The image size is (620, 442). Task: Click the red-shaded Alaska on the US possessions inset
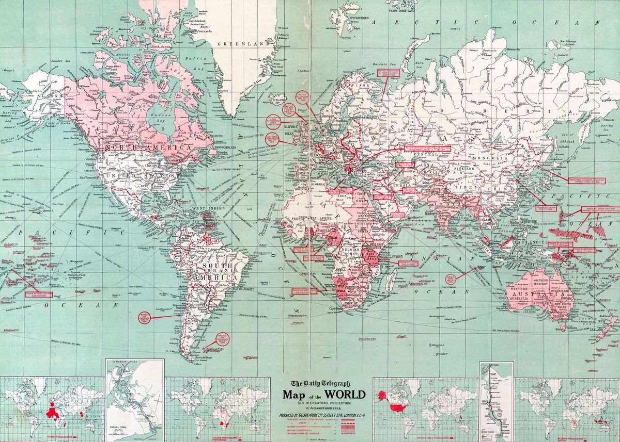383,396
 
